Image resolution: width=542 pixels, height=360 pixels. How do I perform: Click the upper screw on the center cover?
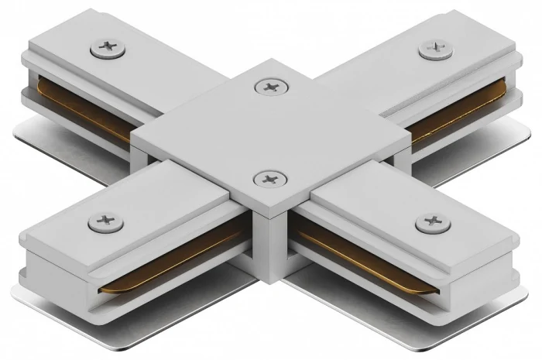[269, 87]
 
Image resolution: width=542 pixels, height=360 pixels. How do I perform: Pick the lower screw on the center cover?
[269, 180]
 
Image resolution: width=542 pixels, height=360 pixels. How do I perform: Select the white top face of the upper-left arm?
[155, 62]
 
